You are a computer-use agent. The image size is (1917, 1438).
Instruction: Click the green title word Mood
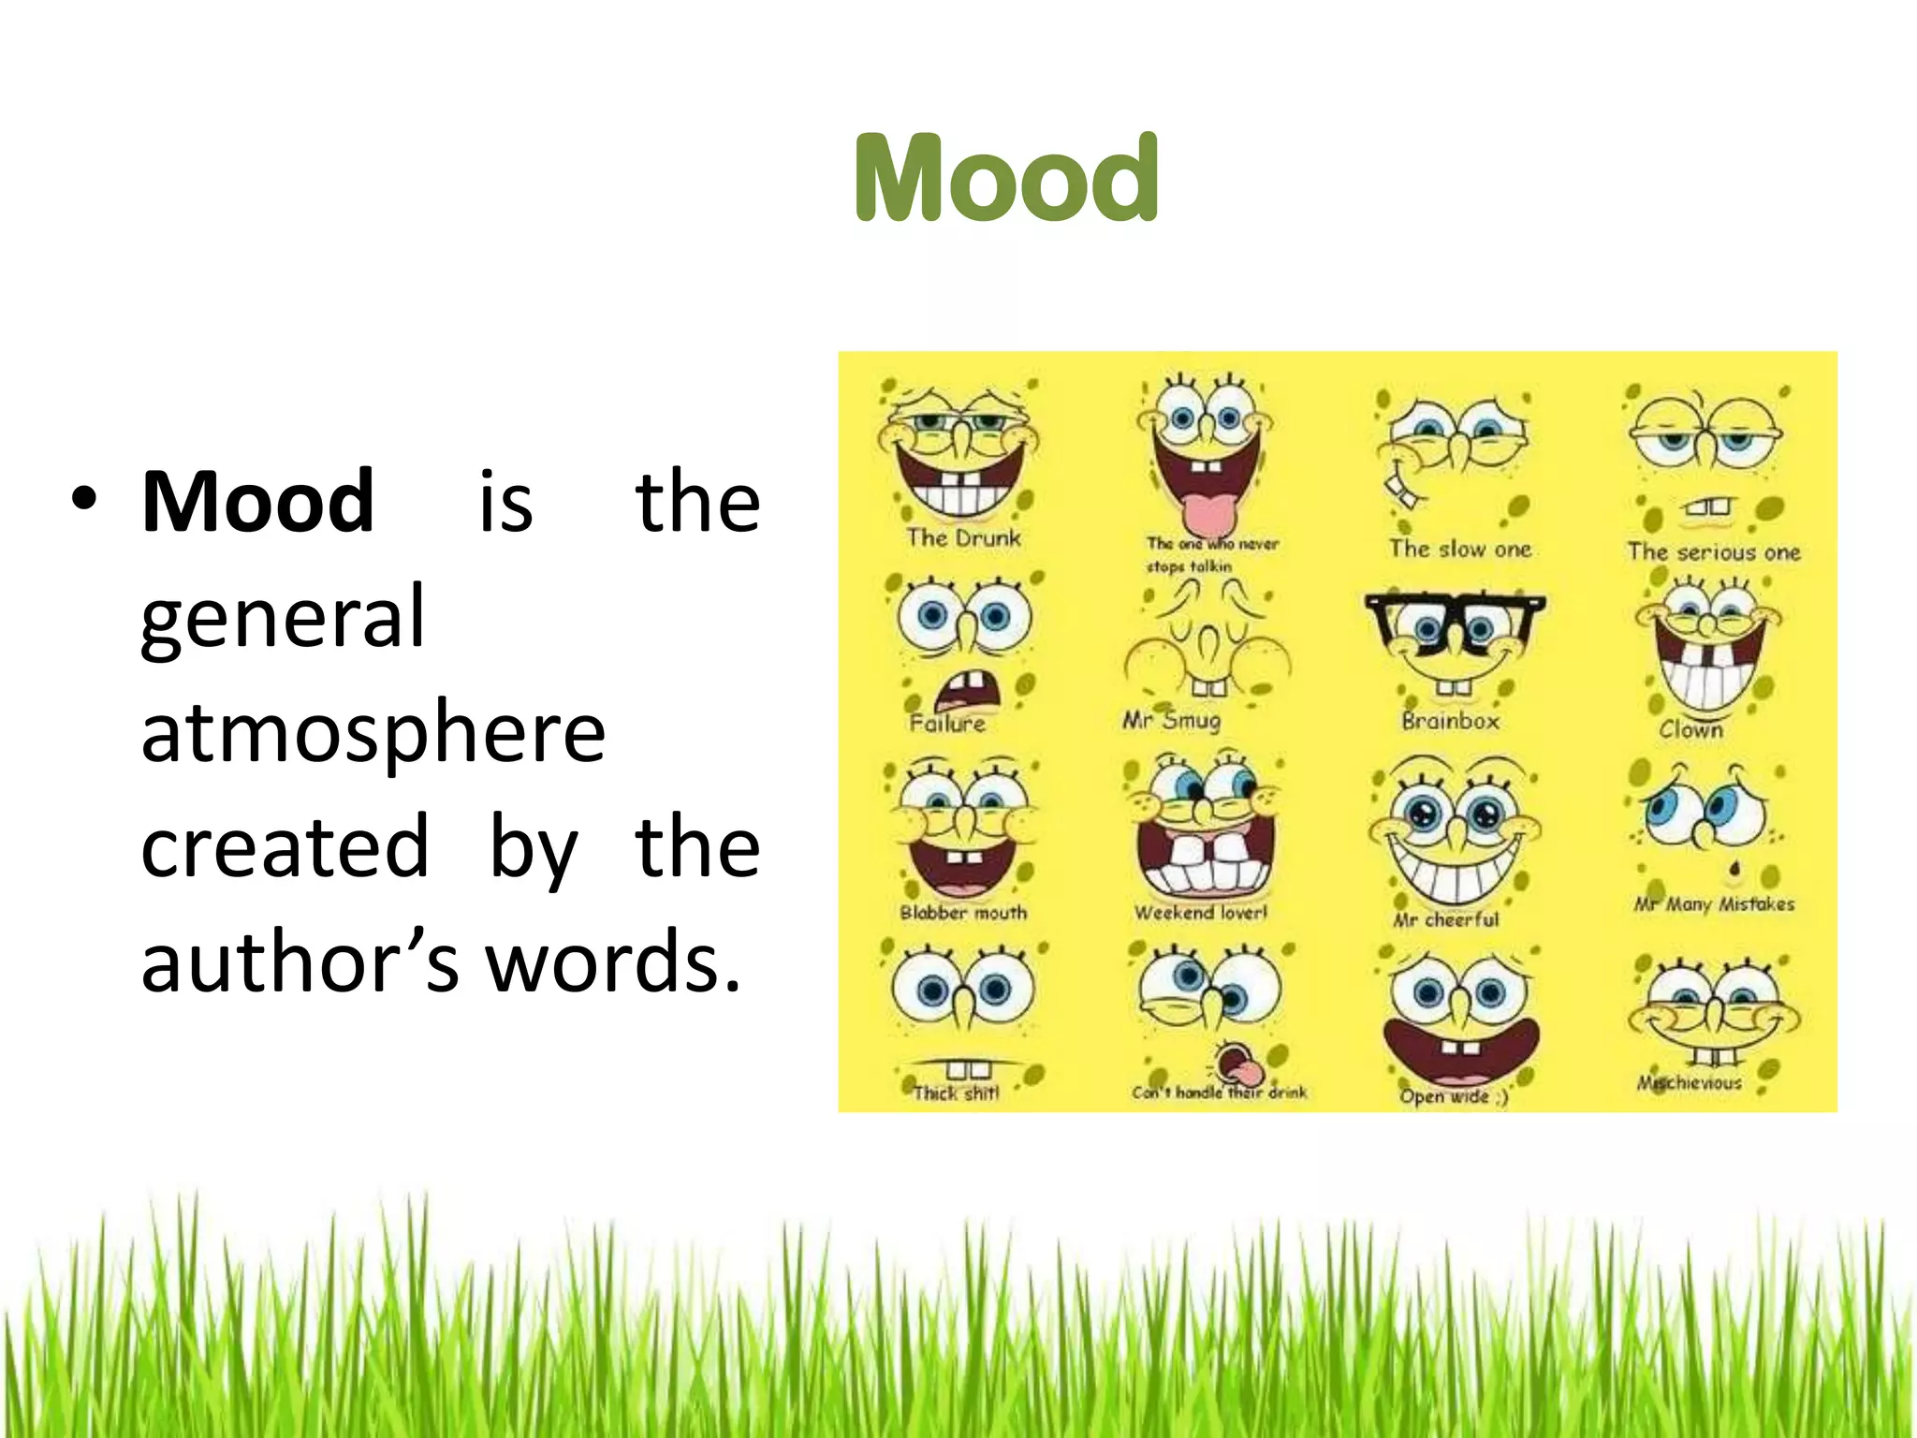[x=1007, y=178]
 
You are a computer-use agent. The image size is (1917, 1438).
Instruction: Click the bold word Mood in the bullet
[x=258, y=502]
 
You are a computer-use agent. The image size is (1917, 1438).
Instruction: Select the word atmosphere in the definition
[x=373, y=732]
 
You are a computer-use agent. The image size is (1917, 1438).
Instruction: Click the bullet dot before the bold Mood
[x=83, y=500]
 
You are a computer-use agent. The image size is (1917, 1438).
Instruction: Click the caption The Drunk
[x=962, y=537]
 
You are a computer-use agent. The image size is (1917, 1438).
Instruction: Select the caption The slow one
[x=1459, y=549]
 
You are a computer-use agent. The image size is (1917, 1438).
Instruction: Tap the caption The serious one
[x=1713, y=552]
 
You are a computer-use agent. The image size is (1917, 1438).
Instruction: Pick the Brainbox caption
[x=1450, y=721]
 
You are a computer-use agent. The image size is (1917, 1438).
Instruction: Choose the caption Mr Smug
[x=1172, y=720]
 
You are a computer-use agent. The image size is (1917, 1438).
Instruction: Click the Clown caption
[x=1690, y=729]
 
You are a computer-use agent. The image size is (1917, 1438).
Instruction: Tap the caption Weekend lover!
[x=1200, y=912]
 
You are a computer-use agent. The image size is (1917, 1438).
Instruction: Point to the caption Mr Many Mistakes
[x=1714, y=904]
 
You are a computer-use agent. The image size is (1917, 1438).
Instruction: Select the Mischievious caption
[x=1690, y=1083]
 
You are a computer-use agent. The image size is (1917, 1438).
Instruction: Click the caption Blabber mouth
[x=963, y=913]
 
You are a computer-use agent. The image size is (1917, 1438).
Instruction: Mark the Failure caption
[x=947, y=723]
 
